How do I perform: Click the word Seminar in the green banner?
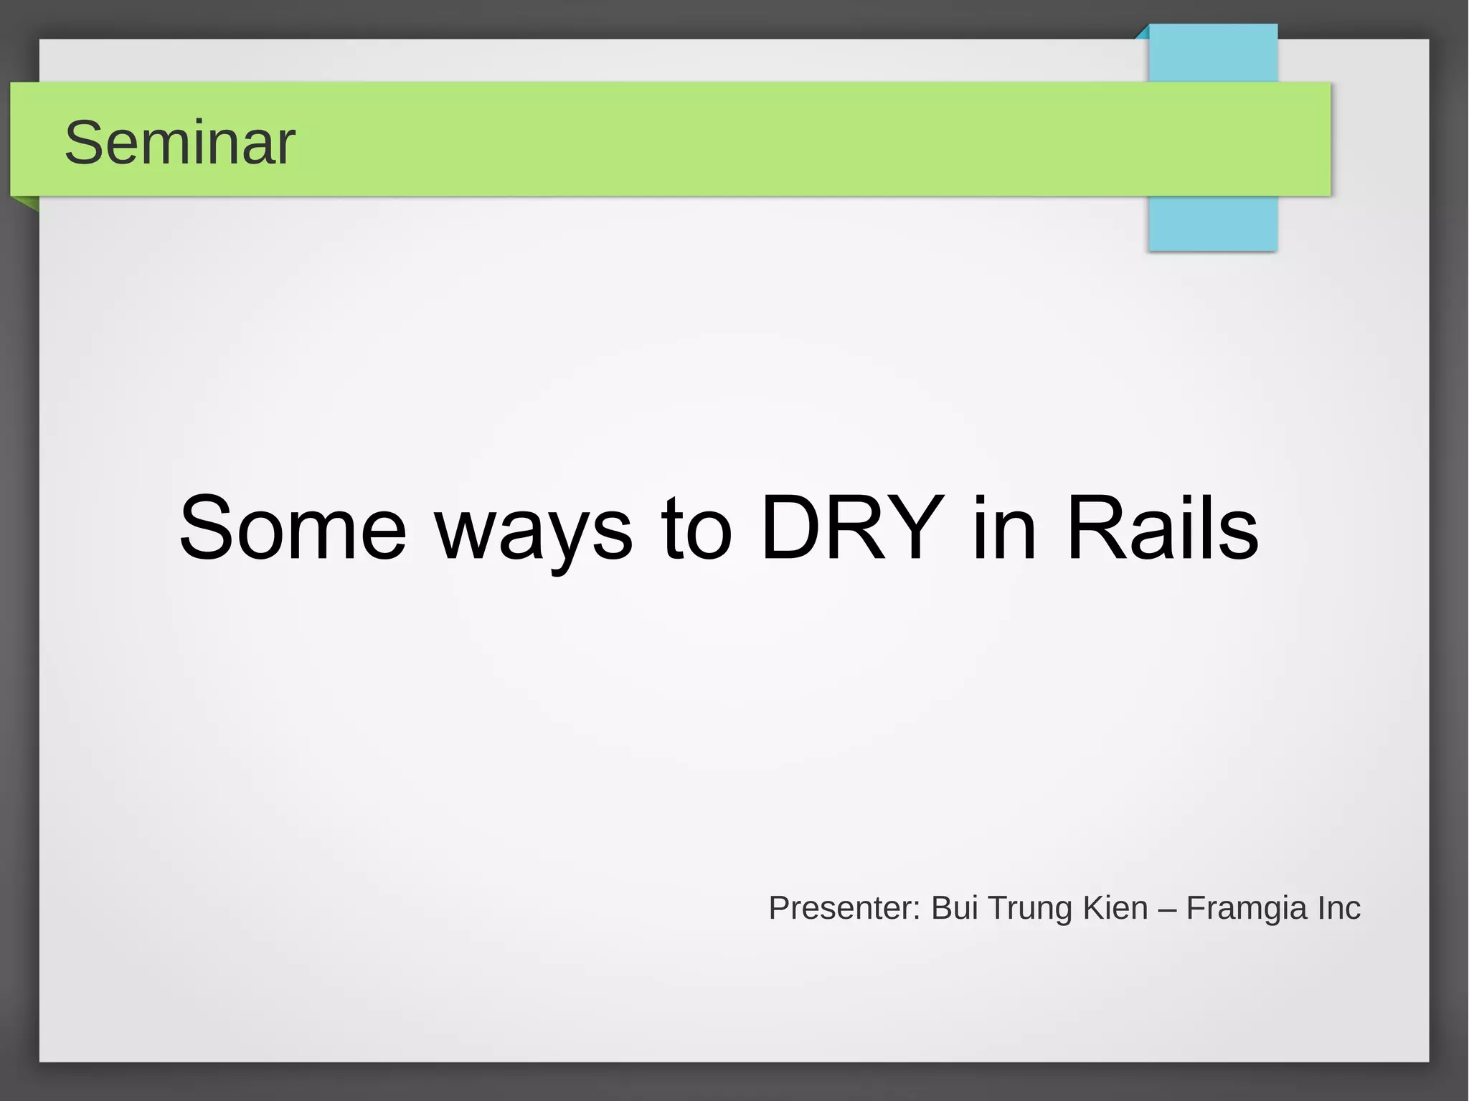coord(179,143)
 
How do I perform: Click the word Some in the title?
coord(293,528)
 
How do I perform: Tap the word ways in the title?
coord(534,531)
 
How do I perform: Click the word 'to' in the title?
coord(696,529)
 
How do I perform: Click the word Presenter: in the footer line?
coord(844,907)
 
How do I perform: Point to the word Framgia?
coord(1247,909)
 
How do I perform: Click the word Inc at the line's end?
coord(1338,907)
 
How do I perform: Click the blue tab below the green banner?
coord(1212,223)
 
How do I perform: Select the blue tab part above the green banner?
coord(1213,53)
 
